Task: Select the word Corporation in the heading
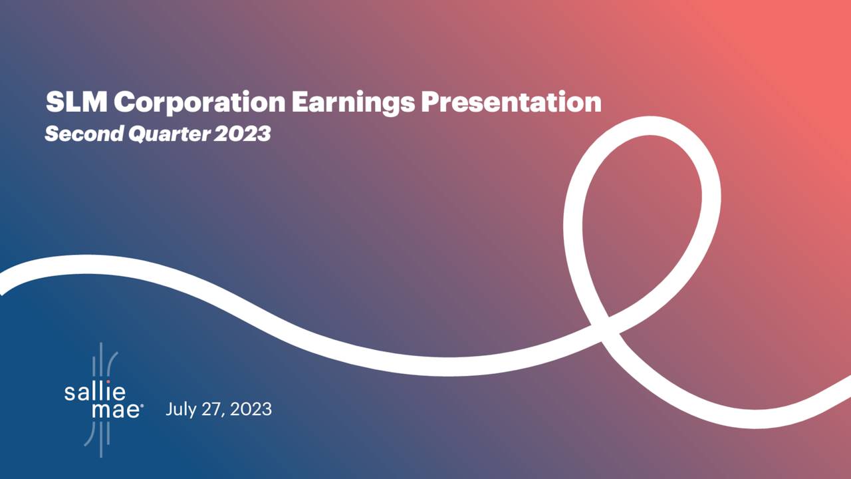[x=197, y=102]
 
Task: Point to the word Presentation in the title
[x=511, y=102]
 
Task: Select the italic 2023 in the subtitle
[x=243, y=134]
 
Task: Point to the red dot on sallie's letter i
[x=108, y=382]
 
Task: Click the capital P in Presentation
[x=431, y=102]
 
